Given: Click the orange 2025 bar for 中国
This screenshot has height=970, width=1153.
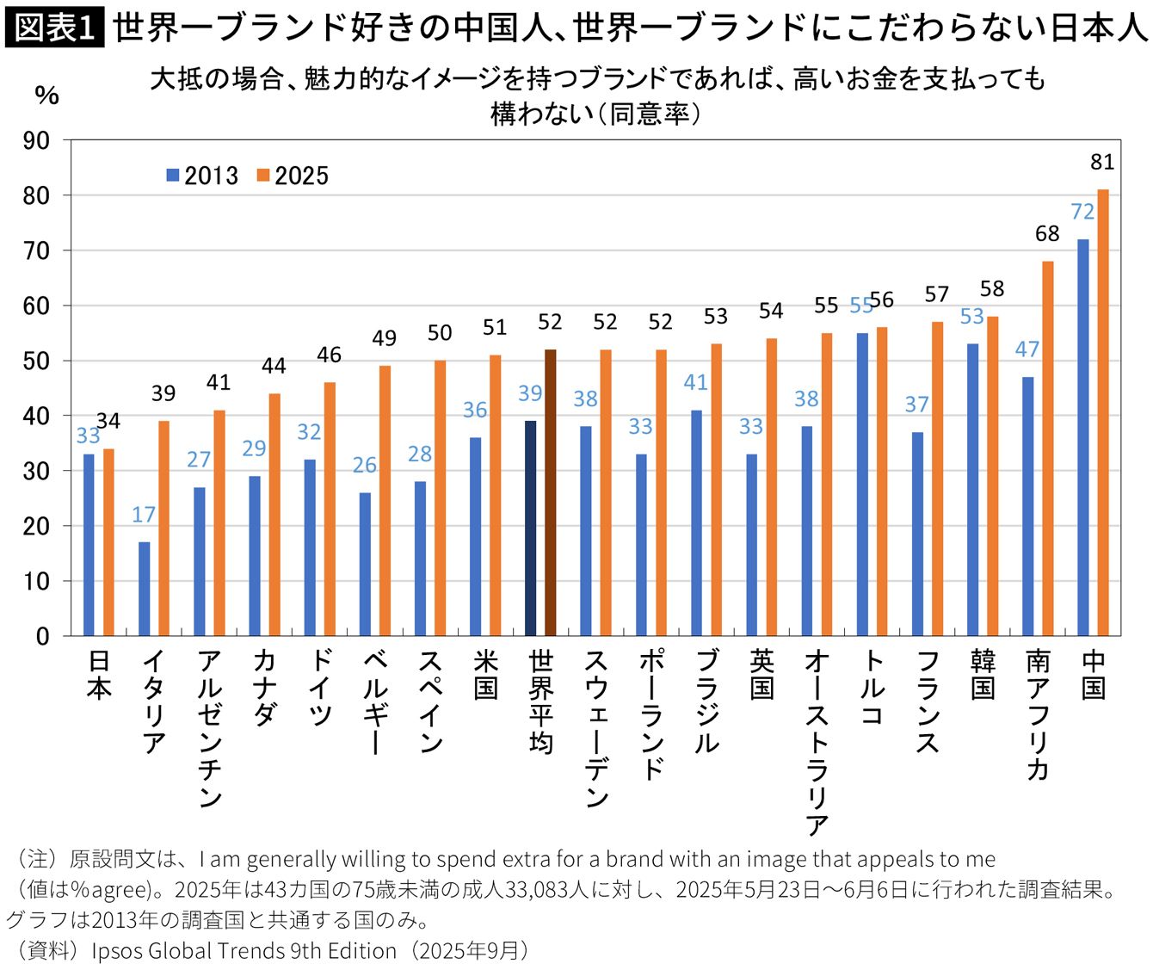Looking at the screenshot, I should click(x=1102, y=413).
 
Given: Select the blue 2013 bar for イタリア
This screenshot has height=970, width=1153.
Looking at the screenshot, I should click(x=144, y=589).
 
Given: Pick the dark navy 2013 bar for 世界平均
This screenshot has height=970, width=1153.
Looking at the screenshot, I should click(x=530, y=528).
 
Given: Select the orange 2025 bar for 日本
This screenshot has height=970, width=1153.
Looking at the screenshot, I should click(x=108, y=542).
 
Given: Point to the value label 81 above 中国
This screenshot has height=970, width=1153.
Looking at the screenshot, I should click(x=1102, y=162).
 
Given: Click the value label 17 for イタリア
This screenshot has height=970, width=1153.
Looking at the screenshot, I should click(x=144, y=515).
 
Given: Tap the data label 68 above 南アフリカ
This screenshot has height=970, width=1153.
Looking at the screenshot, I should click(x=1047, y=234).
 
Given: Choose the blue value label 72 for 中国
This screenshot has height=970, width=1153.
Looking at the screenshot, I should click(x=1082, y=212).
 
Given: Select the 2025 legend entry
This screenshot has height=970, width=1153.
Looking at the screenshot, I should click(x=293, y=176).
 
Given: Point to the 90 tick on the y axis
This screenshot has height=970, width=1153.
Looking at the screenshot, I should click(x=36, y=140).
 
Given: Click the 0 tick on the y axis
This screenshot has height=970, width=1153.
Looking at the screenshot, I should click(x=43, y=636).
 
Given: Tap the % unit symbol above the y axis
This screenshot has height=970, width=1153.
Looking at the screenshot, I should click(x=46, y=95).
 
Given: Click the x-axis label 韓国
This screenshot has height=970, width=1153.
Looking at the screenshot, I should click(x=983, y=675).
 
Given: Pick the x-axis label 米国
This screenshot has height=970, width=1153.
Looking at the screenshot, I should click(x=485, y=675).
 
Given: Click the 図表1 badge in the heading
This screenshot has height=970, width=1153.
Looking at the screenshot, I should click(x=54, y=28).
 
